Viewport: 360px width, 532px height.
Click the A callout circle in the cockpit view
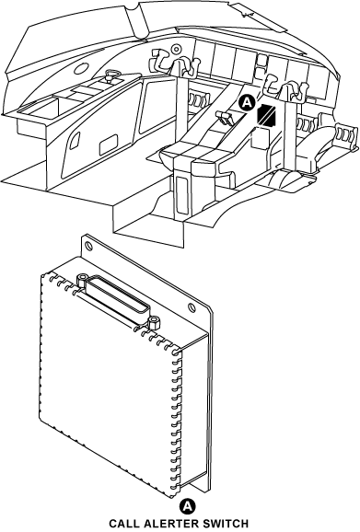tap(247, 103)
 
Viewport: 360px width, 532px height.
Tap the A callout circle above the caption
tap(187, 506)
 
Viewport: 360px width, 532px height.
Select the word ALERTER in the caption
tap(172, 524)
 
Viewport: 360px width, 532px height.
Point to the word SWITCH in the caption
tap(226, 524)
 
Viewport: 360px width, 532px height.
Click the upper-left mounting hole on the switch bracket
tap(88, 246)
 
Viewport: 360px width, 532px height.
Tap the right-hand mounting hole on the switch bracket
tap(192, 307)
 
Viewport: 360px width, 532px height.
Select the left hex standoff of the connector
tap(82, 280)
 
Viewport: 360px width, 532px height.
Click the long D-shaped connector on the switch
tap(117, 298)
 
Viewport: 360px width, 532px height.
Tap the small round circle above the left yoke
tap(176, 49)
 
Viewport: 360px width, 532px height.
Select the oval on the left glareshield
tap(81, 69)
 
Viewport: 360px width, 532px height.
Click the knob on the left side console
tap(110, 75)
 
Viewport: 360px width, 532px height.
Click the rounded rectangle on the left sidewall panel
tap(110, 144)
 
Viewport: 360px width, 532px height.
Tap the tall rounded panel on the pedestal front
tap(182, 195)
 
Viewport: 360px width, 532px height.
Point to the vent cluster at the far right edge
tap(345, 134)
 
